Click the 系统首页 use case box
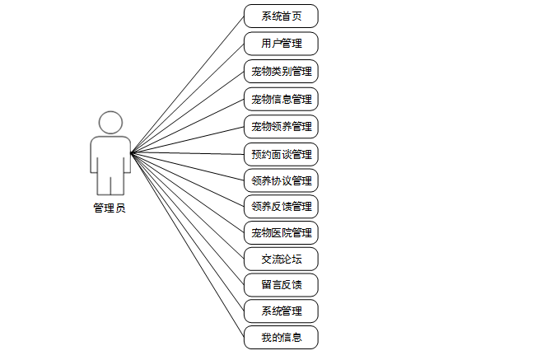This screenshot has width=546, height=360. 281,16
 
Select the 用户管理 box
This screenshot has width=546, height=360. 281,44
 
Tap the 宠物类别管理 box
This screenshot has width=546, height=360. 281,72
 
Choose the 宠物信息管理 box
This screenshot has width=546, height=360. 281,100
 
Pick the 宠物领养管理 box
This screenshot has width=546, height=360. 281,127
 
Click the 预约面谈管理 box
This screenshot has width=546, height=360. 281,154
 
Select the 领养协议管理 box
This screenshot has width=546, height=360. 281,180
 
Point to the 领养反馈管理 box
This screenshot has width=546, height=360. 281,206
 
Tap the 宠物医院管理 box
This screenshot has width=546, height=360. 281,232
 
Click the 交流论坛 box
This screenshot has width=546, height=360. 281,259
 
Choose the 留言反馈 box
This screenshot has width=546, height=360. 281,285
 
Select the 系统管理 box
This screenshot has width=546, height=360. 281,311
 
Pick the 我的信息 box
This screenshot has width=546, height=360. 281,337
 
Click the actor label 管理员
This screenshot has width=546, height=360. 110,208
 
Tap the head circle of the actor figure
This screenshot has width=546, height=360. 110,123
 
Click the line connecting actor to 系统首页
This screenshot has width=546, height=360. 188,84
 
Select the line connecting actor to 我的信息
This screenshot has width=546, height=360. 188,245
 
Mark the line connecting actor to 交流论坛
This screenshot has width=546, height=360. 188,206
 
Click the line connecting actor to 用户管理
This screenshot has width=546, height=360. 188,98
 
